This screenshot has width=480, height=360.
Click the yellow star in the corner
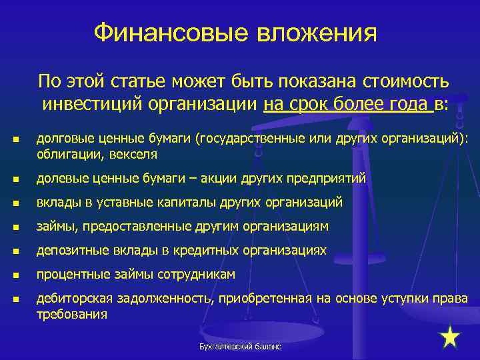pos(451,337)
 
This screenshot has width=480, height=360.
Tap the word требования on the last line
pos(71,314)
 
